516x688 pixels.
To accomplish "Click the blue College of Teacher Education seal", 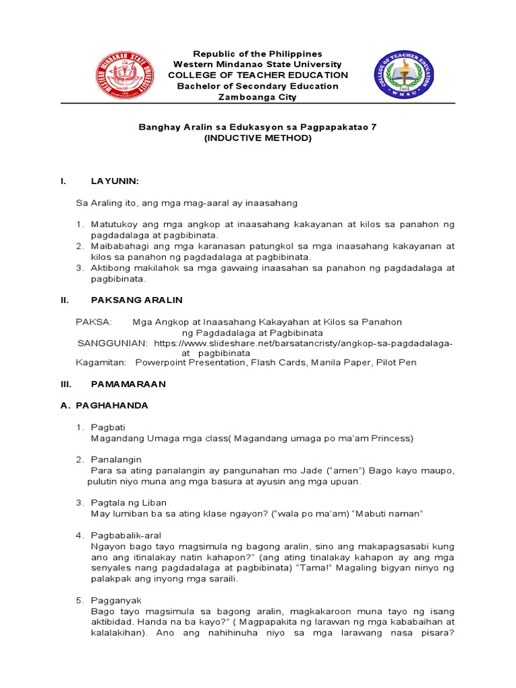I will tap(404, 75).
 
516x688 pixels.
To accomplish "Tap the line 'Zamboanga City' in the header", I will tap(257, 97).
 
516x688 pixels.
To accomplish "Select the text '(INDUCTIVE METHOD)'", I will tap(257, 138).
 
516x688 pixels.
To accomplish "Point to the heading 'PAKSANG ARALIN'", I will tap(136, 300).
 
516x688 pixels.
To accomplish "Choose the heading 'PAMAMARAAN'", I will tap(128, 384).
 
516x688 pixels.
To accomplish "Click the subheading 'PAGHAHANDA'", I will tap(112, 406).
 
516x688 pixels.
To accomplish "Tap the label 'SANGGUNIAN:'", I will tap(112, 343).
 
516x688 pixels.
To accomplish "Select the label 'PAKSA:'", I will tap(94, 322).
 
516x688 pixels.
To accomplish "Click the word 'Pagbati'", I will tap(107, 427).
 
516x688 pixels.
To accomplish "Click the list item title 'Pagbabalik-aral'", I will tap(126, 535).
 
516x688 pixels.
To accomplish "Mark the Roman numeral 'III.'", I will tap(66, 384).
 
